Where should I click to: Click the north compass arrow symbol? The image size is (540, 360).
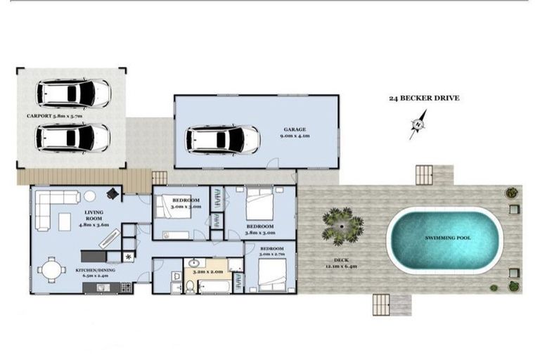click(418, 125)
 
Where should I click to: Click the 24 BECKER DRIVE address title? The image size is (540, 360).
click(424, 98)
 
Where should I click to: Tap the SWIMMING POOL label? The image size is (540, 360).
click(448, 238)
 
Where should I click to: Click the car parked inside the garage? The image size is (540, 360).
click(222, 139)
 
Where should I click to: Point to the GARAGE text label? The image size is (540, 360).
click(295, 130)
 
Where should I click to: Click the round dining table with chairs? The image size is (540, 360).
click(51, 270)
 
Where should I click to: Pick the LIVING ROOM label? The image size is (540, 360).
click(94, 217)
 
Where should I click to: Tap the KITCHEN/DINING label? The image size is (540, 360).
click(97, 269)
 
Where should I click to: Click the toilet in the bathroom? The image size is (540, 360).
click(190, 286)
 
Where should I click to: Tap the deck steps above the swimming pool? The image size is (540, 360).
click(425, 174)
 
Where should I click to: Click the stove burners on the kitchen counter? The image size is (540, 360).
click(126, 287)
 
